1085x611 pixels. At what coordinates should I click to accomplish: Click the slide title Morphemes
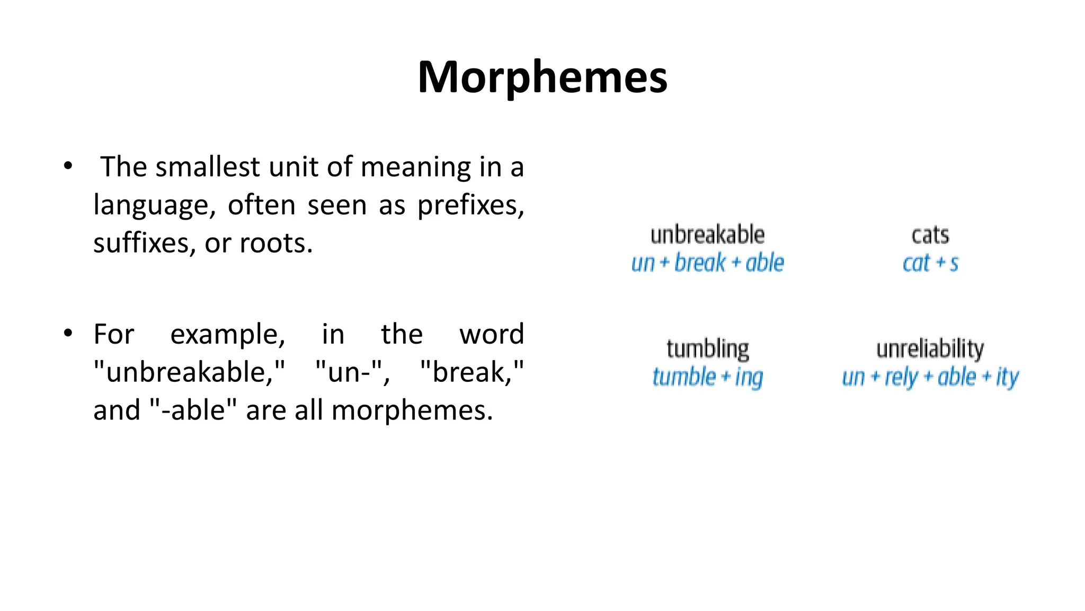click(x=542, y=77)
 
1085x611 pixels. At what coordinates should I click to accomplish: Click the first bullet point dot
click(x=67, y=166)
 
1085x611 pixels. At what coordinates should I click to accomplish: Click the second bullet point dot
click(x=67, y=334)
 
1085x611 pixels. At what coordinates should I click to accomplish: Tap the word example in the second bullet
click(x=227, y=335)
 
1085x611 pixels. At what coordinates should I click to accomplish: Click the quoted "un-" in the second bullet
click(x=352, y=372)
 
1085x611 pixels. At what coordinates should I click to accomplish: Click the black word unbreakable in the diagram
click(x=707, y=235)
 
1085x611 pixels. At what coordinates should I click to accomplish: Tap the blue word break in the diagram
click(x=700, y=263)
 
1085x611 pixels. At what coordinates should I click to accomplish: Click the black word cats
click(x=930, y=235)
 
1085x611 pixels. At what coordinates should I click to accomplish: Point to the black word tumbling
click(x=707, y=350)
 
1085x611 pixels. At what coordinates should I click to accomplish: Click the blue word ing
click(x=749, y=378)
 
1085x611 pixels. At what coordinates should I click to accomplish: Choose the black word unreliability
click(x=930, y=350)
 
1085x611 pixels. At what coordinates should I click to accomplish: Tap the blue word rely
click(x=901, y=378)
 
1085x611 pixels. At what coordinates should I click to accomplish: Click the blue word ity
click(x=1007, y=378)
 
